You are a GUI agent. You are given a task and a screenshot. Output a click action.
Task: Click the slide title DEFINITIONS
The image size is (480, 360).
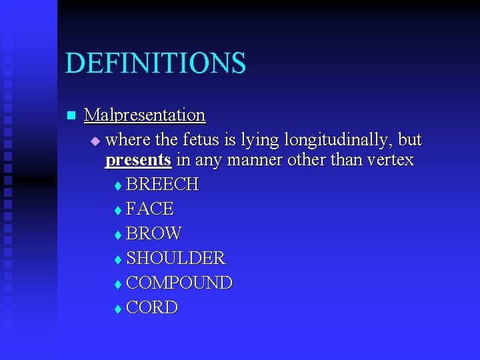(155, 63)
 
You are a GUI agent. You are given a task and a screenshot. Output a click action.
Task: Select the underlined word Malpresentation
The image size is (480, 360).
(145, 115)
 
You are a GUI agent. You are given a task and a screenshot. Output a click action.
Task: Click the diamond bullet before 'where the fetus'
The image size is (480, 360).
(95, 141)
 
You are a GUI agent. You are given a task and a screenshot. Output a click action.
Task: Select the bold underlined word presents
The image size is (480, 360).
(138, 160)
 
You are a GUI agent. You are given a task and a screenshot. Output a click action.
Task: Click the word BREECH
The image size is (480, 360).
(162, 185)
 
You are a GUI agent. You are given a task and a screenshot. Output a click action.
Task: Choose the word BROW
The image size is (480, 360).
(153, 234)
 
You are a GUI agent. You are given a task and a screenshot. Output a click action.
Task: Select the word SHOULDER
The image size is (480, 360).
(175, 258)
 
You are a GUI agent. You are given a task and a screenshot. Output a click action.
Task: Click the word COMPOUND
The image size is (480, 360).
(179, 283)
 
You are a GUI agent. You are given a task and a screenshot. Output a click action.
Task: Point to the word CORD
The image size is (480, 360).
(151, 308)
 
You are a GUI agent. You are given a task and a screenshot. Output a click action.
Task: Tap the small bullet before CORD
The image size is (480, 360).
(117, 309)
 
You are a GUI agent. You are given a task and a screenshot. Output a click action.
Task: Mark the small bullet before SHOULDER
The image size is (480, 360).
(117, 259)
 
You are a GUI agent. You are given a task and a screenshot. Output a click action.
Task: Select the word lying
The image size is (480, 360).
(263, 141)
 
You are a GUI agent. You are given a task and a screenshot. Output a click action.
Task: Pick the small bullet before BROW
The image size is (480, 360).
(117, 235)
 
